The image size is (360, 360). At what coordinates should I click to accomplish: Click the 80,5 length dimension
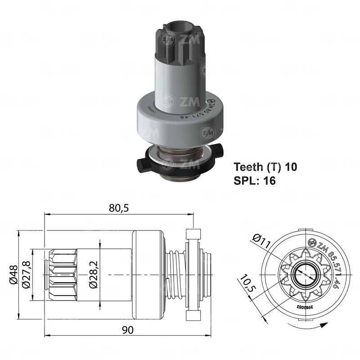pos(118,208)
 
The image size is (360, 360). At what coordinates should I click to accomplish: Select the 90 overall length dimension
pos(128,330)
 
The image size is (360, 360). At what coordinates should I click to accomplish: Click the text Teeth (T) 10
pos(265,167)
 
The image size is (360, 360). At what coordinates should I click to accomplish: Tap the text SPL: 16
pos(254,180)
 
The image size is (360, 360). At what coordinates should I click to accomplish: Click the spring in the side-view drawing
pos(175,274)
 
